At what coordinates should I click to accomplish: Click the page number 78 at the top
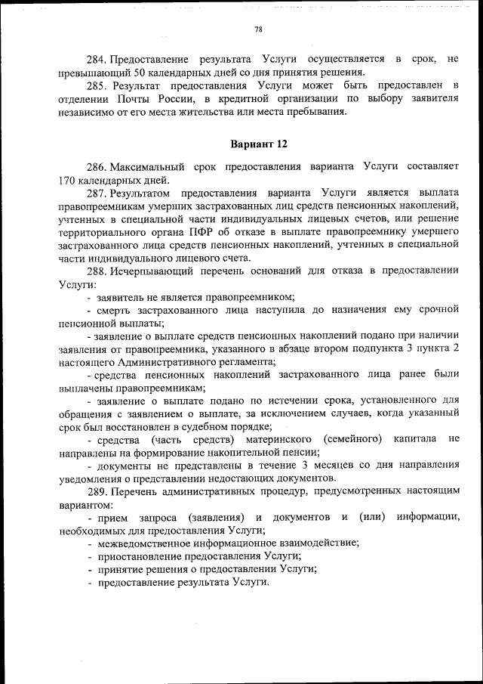click(x=258, y=29)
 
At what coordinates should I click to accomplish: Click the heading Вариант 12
click(x=258, y=143)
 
